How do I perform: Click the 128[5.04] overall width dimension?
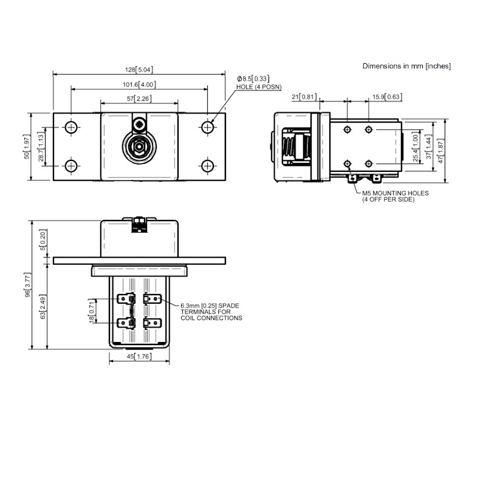[x=139, y=70]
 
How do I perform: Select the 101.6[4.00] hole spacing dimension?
[x=139, y=84]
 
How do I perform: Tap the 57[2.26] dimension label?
[x=139, y=98]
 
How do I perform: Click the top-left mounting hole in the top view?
[x=71, y=127]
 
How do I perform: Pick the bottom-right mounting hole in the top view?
[x=208, y=165]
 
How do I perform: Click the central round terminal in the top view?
[x=139, y=147]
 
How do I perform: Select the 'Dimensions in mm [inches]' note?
[x=406, y=66]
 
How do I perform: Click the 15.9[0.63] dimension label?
[x=386, y=97]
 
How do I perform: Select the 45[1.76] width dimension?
[x=139, y=357]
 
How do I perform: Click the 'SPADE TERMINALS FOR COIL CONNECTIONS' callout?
[x=211, y=311]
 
